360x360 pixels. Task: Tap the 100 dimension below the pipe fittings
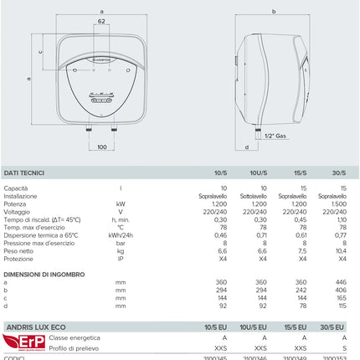point(101,148)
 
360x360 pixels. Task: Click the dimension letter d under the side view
point(247,148)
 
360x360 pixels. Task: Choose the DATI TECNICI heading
point(25,172)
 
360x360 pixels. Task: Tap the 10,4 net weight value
point(342,250)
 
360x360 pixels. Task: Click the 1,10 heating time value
point(342,219)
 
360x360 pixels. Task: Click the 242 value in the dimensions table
point(301,290)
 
